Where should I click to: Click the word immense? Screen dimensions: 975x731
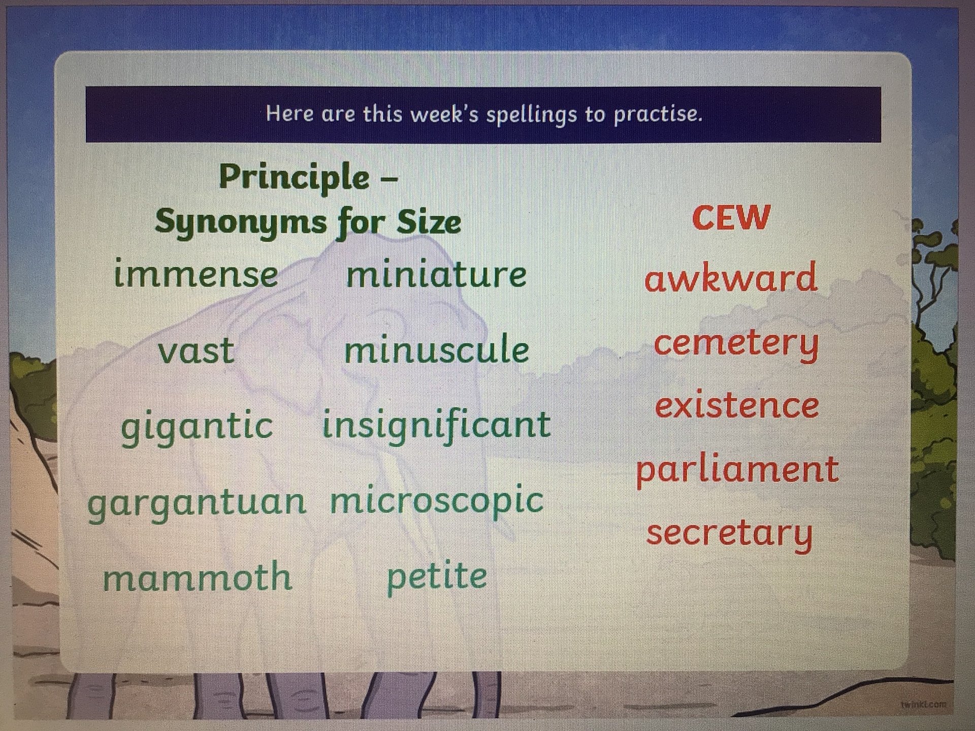click(x=196, y=274)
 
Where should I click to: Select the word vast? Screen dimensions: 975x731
click(x=196, y=350)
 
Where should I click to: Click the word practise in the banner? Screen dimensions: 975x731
click(x=658, y=114)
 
